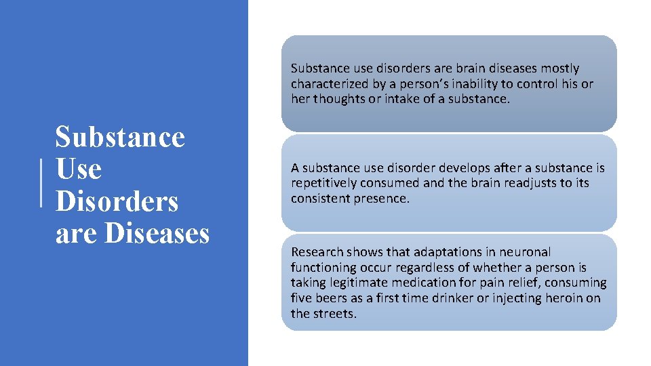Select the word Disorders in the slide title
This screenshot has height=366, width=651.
click(x=117, y=201)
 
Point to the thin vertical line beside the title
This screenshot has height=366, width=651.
click(x=41, y=181)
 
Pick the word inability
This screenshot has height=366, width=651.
click(x=475, y=83)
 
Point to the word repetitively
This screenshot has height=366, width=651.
click(x=323, y=183)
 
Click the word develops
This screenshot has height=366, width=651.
click(x=464, y=168)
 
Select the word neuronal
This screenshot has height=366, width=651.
click(x=526, y=252)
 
